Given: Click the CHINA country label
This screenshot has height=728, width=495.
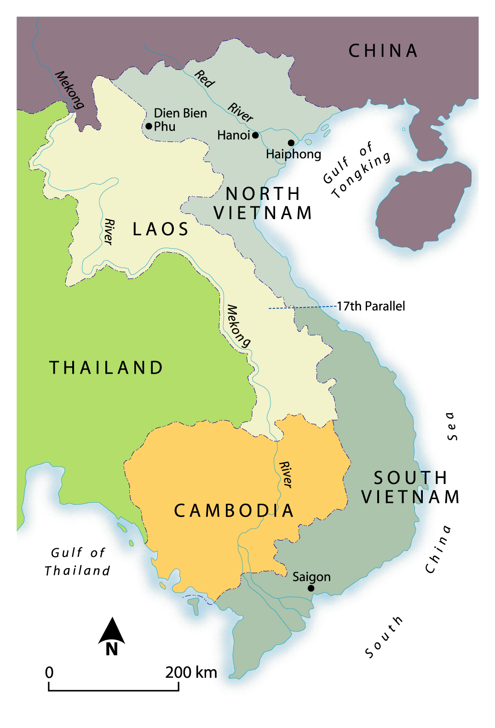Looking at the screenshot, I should [383, 51].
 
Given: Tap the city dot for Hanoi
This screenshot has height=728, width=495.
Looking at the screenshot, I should [255, 135].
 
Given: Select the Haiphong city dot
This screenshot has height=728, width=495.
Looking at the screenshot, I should [291, 143].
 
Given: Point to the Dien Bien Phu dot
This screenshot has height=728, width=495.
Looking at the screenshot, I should [149, 126].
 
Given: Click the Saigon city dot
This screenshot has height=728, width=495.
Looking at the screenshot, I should [311, 588].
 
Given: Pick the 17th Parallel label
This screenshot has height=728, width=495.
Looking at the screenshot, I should [371, 306].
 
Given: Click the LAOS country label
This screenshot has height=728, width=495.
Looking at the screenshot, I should [161, 229].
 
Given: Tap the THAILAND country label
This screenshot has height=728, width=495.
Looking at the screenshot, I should [106, 368].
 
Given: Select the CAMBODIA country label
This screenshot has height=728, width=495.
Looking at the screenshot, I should [234, 511].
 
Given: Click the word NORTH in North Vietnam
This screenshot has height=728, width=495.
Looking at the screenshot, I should [263, 193].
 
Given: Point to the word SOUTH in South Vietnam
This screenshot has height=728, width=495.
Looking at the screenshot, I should [410, 478].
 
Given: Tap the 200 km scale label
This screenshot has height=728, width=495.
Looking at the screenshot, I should [191, 672].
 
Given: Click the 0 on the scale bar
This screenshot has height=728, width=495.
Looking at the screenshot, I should [49, 672].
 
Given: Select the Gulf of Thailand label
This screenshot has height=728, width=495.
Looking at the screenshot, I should [77, 562].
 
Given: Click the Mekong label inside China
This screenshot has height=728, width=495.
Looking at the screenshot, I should [69, 90].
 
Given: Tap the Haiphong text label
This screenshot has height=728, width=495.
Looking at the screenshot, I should [294, 154].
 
